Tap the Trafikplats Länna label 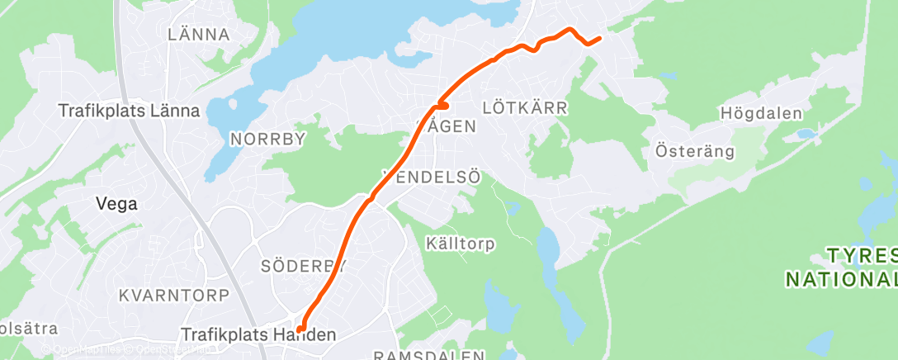[129, 111]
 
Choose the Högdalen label [760, 113]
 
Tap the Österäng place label [683, 151]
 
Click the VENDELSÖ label [432, 177]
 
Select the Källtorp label [461, 244]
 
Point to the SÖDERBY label [303, 266]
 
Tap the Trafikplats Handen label [259, 335]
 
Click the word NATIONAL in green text [840, 279]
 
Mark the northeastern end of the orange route [598, 38]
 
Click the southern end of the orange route [301, 329]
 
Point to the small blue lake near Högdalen [806, 134]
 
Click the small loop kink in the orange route [442, 105]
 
